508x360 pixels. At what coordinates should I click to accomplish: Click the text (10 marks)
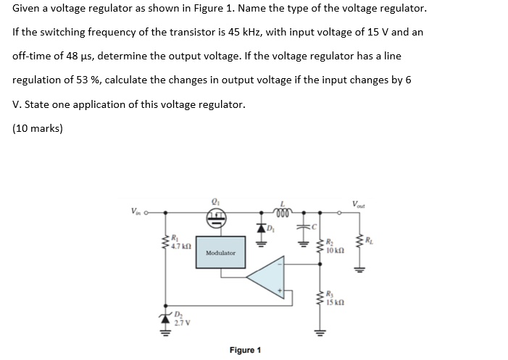(x=38, y=129)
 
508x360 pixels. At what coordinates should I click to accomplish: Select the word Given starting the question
(x=28, y=9)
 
